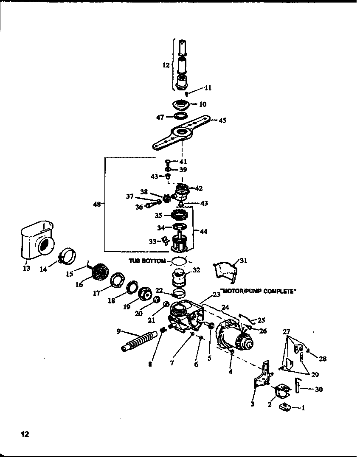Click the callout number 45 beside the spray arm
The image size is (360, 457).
[222, 121]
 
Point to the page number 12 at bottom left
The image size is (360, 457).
[25, 434]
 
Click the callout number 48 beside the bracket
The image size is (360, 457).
[97, 204]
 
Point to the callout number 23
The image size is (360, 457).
[217, 294]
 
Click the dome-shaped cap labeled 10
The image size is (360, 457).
[182, 104]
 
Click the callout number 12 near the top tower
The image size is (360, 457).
[166, 65]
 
